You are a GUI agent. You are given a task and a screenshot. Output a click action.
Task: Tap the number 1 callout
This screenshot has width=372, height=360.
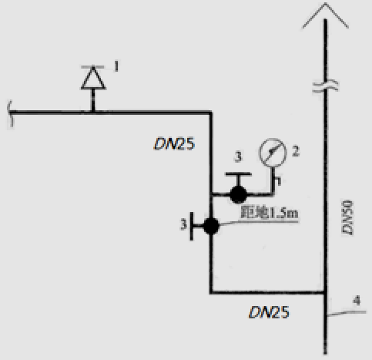(x=116, y=66)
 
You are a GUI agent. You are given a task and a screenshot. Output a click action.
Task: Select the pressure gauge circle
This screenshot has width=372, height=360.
(x=273, y=153)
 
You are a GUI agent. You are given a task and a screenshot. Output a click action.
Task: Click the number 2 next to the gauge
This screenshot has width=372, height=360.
(x=296, y=151)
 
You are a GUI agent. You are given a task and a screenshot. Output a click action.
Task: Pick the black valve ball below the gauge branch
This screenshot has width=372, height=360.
(x=238, y=195)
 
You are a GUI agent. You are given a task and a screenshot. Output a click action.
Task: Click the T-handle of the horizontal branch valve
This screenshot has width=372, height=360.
(x=238, y=177)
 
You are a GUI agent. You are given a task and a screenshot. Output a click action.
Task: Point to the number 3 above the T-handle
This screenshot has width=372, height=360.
(x=238, y=156)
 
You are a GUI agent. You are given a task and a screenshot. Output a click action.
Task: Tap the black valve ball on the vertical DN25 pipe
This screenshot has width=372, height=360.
(x=211, y=226)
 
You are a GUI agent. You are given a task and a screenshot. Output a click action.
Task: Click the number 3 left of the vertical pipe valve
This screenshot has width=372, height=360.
(x=183, y=224)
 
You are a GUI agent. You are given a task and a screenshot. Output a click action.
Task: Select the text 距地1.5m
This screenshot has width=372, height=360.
(x=269, y=213)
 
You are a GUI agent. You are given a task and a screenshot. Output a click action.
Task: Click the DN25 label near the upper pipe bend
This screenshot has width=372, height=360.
(x=174, y=144)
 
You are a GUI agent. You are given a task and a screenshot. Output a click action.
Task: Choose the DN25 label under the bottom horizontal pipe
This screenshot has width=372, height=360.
(x=269, y=312)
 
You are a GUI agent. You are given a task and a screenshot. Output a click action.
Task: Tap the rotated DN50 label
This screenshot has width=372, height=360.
(x=347, y=217)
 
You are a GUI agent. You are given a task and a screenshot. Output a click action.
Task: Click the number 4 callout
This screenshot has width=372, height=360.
(x=357, y=301)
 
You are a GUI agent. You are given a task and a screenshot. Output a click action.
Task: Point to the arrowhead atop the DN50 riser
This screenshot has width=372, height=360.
(x=325, y=10)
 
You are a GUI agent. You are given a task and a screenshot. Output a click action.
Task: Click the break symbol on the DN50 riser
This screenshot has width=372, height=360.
(x=325, y=86)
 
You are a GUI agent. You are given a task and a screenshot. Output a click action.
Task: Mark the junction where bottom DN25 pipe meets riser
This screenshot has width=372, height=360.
(x=325, y=292)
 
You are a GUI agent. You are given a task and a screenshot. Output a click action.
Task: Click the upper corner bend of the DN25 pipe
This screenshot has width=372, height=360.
(x=210, y=113)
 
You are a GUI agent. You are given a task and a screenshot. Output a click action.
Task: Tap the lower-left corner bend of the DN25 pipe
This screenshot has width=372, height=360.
(x=211, y=292)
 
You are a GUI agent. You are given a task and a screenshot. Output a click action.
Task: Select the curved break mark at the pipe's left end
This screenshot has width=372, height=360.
(x=9, y=113)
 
